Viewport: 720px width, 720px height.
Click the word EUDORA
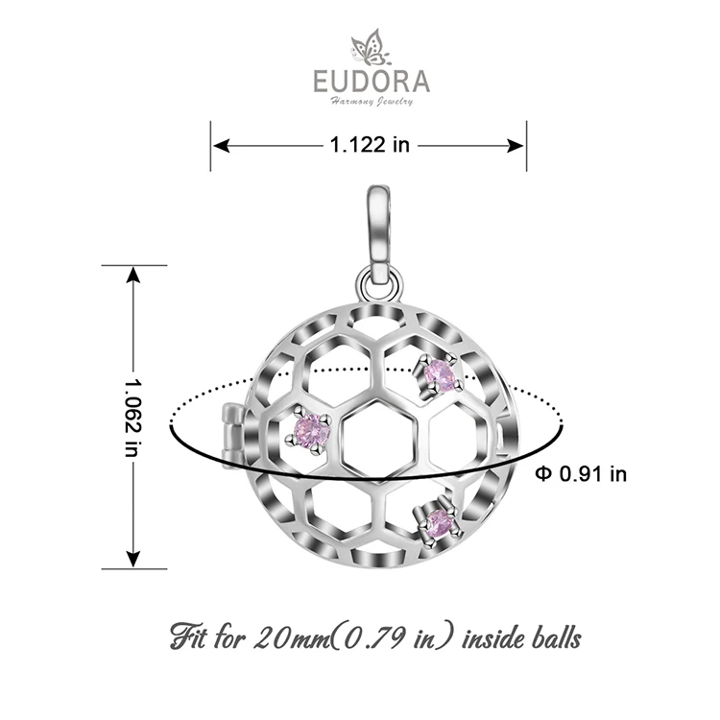click(x=372, y=82)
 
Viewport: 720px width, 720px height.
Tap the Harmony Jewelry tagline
click(x=372, y=102)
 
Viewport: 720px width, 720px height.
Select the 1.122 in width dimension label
click(x=370, y=145)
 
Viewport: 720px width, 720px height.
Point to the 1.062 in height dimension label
click(x=132, y=417)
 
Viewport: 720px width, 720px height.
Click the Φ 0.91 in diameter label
click(x=581, y=473)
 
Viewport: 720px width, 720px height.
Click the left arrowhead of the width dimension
click(x=222, y=146)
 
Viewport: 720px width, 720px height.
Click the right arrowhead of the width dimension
click(x=516, y=146)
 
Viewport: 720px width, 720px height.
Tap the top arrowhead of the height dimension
click(x=133, y=275)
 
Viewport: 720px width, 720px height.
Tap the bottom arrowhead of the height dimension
click(x=133, y=560)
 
